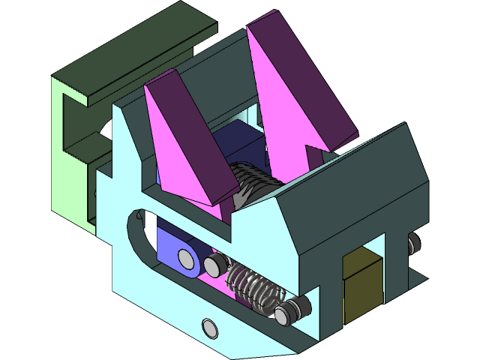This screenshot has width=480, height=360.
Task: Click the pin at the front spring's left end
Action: click(x=217, y=263)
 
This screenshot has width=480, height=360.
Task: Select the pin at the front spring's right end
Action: click(x=286, y=313)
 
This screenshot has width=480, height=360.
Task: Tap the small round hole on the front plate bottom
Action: click(x=209, y=327)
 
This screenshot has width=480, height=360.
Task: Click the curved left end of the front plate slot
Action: click(x=135, y=225)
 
